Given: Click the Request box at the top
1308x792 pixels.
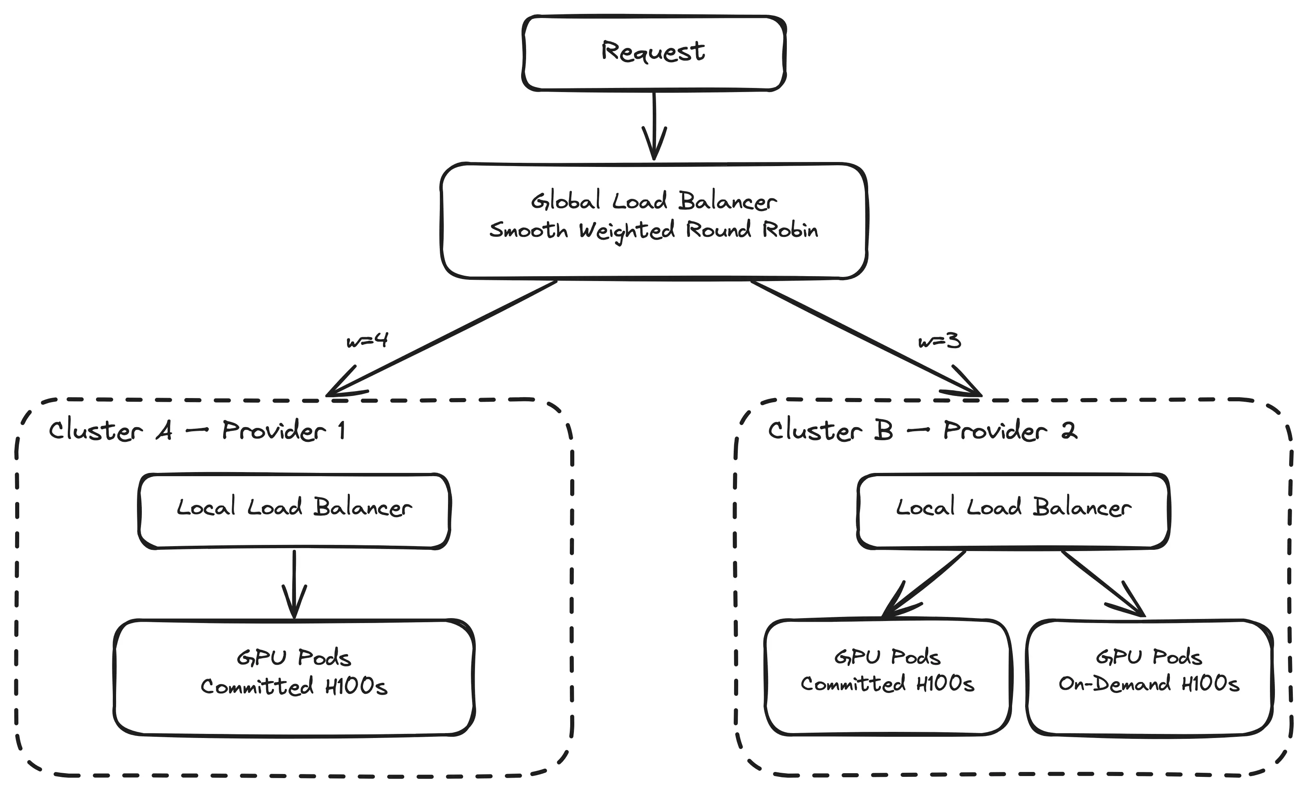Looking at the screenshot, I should click(654, 53).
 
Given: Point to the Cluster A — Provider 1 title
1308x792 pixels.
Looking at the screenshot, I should click(197, 430).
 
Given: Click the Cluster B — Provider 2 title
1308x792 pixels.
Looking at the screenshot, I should click(922, 430).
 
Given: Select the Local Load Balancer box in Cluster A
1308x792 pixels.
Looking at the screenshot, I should click(294, 511).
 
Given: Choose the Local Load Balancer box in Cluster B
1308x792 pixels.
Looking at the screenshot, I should click(1013, 511).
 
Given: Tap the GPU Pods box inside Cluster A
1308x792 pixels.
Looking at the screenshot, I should click(294, 677).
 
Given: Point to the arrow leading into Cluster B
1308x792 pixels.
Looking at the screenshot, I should click(865, 338).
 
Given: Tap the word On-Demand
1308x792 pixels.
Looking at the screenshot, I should click(1114, 684).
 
